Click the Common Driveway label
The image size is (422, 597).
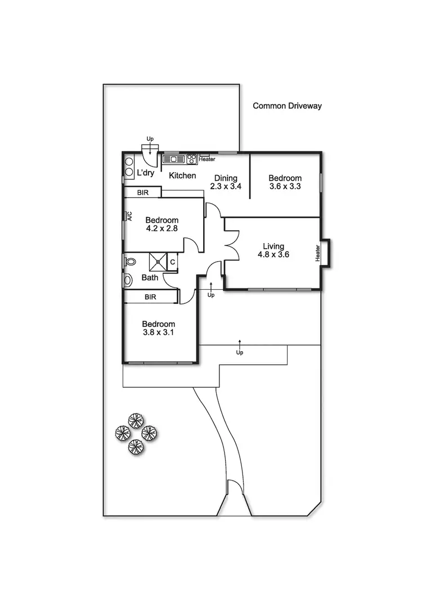click(x=287, y=106)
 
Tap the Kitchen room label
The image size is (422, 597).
click(x=182, y=176)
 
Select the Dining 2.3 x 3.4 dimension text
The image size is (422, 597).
click(x=226, y=187)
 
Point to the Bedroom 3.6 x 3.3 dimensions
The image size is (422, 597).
click(x=285, y=187)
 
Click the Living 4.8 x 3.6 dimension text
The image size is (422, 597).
click(x=273, y=255)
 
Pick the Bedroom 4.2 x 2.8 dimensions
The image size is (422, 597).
click(x=162, y=228)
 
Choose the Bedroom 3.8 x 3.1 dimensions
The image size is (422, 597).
click(x=159, y=333)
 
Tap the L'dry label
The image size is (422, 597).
click(x=146, y=173)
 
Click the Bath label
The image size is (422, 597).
click(x=150, y=277)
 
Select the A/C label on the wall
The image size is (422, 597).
click(x=129, y=216)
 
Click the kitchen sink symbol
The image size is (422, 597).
click(x=174, y=159)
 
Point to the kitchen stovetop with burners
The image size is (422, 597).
click(x=191, y=159)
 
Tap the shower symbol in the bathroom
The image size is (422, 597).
click(x=158, y=262)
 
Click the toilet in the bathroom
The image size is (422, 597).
click(x=130, y=262)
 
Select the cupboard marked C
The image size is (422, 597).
click(x=173, y=262)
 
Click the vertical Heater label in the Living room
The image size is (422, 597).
click(x=318, y=253)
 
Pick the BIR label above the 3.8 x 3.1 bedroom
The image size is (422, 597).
click(x=150, y=297)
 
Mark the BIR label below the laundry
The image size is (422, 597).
click(x=143, y=192)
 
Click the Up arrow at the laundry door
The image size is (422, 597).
click(x=150, y=145)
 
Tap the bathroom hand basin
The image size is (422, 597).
click(x=127, y=280)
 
